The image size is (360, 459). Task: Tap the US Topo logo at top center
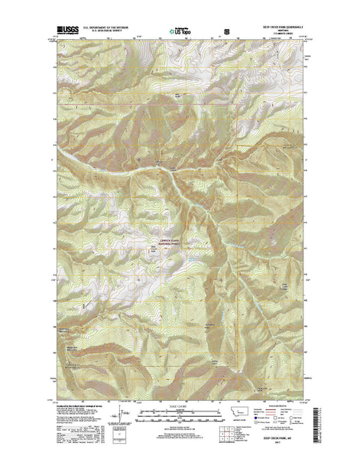tap(180, 32)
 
